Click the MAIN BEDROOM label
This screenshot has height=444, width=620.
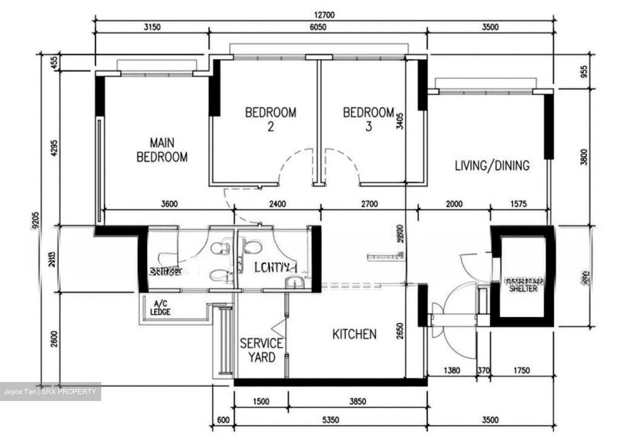pos(162,150)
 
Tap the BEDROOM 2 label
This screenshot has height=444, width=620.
pos(270,119)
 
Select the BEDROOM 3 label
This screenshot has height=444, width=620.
pos(368,119)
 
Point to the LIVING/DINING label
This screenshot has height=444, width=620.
pos(492,165)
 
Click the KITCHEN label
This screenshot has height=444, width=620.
pos(354,334)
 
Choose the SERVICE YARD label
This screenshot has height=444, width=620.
pos(261,350)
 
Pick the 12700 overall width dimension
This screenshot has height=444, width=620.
pos(324,15)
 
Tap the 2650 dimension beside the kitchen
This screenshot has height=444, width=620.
pos(400,331)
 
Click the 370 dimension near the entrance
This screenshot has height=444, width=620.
pos(484,370)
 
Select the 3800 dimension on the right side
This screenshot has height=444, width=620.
pos(583,157)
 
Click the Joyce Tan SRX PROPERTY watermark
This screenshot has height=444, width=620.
pos(50,392)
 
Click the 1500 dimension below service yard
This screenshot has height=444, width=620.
pos(260,401)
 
